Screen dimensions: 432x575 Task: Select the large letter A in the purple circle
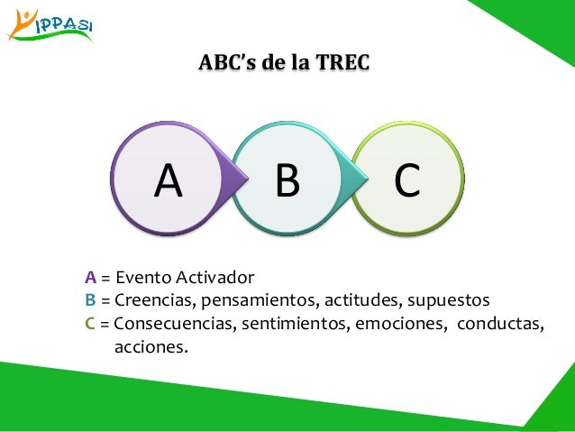coord(168,181)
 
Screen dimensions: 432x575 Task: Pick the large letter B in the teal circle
coord(287,181)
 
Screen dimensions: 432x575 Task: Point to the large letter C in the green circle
coord(406,181)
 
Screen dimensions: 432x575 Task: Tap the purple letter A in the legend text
coord(91,277)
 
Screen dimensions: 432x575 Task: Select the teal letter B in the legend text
coord(91,299)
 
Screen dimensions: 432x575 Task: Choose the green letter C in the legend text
coord(91,322)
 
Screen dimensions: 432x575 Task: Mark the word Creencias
coord(152,299)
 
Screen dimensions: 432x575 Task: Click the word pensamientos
coord(251,299)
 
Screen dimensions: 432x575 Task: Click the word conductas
coord(502,322)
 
